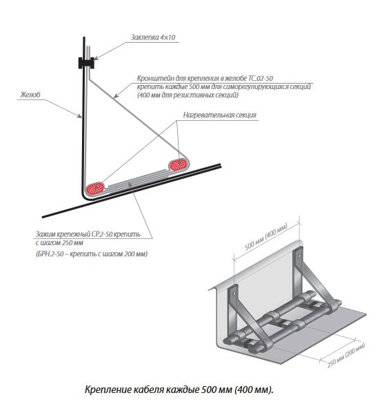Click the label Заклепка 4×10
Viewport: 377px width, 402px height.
click(x=153, y=37)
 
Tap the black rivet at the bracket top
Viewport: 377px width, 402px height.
click(x=86, y=63)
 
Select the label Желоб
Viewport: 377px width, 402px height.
click(x=30, y=95)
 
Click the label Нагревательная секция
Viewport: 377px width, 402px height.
click(x=220, y=115)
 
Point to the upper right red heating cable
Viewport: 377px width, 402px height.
click(x=179, y=164)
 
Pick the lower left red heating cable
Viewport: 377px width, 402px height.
click(x=95, y=189)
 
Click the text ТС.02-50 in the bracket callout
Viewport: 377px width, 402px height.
click(x=261, y=78)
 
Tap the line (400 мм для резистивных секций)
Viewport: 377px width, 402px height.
click(x=187, y=95)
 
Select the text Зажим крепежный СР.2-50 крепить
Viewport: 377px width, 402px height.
click(x=88, y=234)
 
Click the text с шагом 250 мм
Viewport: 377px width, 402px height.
click(x=59, y=243)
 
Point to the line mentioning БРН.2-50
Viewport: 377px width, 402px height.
click(x=92, y=254)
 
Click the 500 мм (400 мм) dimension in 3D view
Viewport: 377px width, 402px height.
click(x=266, y=236)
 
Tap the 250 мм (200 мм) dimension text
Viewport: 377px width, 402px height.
click(x=346, y=355)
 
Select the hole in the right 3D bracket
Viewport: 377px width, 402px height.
click(x=298, y=256)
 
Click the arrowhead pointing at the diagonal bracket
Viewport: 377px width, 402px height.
click(x=116, y=95)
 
